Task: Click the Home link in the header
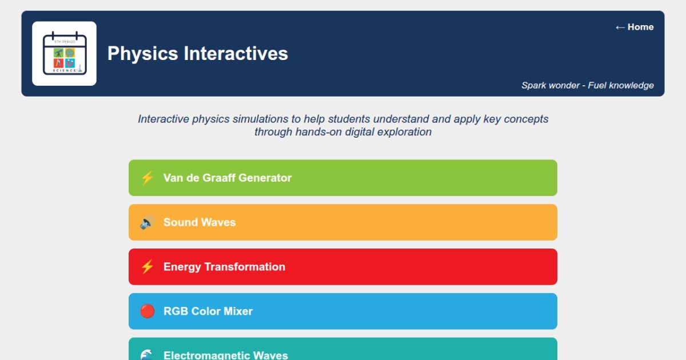[634, 27]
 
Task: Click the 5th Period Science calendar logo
[64, 54]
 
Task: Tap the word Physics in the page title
[143, 53]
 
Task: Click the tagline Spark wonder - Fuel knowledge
[587, 85]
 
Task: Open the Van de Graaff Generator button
[343, 178]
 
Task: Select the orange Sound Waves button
[343, 222]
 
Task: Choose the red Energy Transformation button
[343, 267]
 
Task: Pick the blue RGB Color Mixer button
[343, 311]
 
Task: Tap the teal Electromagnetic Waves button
[343, 351]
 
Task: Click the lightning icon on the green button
[147, 178]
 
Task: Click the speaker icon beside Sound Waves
[147, 222]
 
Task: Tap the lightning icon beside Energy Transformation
[147, 267]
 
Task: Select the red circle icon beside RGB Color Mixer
[147, 311]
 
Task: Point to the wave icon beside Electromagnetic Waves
[147, 354]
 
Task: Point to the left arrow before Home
[620, 27]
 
